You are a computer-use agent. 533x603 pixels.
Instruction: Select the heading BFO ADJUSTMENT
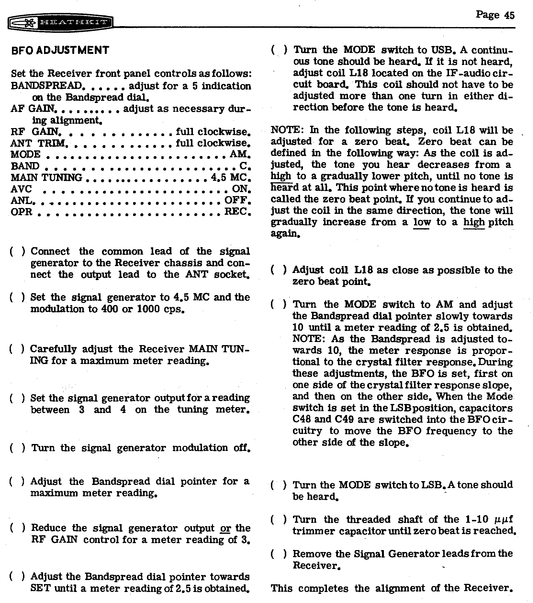(60, 50)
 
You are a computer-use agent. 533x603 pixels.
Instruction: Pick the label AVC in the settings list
(21, 189)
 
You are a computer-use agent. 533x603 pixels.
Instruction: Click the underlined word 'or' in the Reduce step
(225, 528)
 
